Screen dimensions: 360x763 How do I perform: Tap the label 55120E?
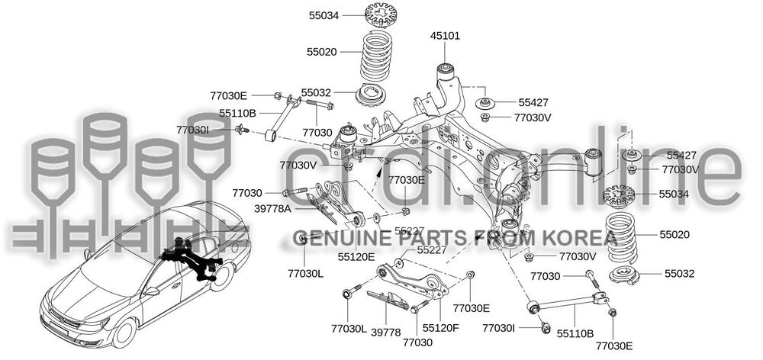click(357, 256)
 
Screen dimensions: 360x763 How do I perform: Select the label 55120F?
click(440, 327)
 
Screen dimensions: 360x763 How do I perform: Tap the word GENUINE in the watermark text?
click(333, 236)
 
